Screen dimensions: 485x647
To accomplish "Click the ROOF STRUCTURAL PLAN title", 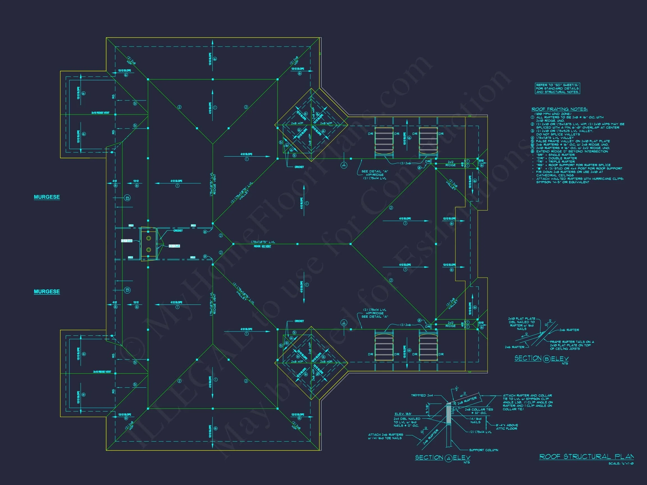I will coord(586,456).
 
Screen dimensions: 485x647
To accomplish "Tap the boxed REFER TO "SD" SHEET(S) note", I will coord(557,88).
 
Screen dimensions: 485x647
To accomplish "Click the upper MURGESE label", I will coord(47,197).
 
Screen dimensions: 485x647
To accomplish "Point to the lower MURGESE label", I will coord(47,291).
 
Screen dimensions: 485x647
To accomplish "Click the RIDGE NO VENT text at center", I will coord(262,246).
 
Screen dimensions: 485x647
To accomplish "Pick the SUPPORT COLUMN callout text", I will coord(484,450).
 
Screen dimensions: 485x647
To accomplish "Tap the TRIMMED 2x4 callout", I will coord(422,395).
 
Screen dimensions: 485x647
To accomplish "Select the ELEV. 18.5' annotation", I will coord(403,414).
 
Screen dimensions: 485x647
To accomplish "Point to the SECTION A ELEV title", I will coord(443,457).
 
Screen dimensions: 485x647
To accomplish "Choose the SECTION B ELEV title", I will coord(541,358).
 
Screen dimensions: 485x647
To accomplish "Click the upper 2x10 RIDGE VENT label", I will coord(100,113).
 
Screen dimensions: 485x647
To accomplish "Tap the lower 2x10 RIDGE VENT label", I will coord(102,372).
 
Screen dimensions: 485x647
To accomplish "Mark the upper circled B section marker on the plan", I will coord(127,198).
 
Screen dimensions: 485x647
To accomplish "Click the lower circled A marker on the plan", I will coord(344,323).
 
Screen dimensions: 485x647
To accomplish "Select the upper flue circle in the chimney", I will coord(149,238).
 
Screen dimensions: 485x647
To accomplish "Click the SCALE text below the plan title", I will coord(621,463).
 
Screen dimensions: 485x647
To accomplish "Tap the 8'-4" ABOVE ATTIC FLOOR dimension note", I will coord(507,427).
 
